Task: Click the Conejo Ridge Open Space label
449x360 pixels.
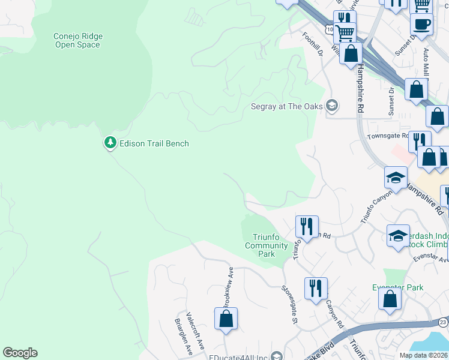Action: (x=77, y=40)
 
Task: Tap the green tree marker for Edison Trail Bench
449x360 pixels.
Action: (x=110, y=143)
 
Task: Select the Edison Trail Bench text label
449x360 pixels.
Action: (x=154, y=143)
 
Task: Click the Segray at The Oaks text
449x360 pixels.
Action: (x=286, y=107)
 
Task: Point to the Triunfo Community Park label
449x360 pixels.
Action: (x=266, y=246)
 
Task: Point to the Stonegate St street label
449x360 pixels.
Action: (x=290, y=305)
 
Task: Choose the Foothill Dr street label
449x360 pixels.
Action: (x=312, y=44)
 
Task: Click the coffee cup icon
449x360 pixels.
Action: (x=421, y=25)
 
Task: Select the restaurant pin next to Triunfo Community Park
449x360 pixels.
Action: (x=307, y=227)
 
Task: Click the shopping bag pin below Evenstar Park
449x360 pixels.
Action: (x=390, y=299)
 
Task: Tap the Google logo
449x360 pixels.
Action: (x=20, y=353)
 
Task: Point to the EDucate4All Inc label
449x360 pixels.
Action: (x=238, y=356)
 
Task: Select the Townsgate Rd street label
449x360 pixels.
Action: (x=388, y=136)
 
